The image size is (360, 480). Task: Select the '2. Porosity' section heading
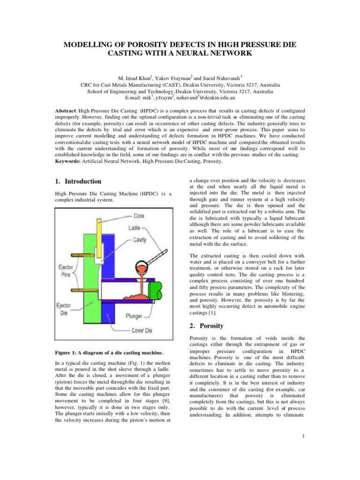207,325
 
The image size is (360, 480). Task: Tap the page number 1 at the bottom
304,437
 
